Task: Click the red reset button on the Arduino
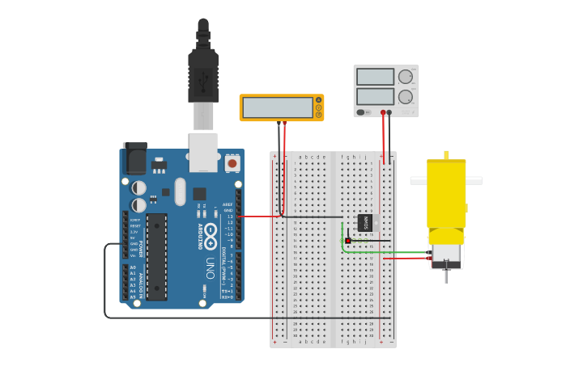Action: click(232, 163)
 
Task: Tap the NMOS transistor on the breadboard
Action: click(366, 222)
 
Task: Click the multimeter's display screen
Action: click(278, 107)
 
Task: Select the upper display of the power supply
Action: click(375, 77)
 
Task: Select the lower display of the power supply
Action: click(375, 97)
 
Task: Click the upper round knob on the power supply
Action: click(405, 77)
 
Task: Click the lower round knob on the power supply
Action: click(405, 97)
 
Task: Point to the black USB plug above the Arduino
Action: click(203, 73)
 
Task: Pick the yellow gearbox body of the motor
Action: click(446, 194)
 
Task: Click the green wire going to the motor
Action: click(381, 252)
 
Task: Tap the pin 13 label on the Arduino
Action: click(230, 217)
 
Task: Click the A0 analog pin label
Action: click(133, 267)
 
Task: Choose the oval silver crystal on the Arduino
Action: click(179, 191)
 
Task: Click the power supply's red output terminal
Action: click(383, 112)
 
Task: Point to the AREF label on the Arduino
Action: click(228, 204)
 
